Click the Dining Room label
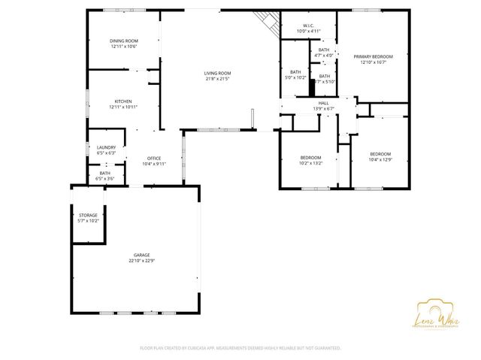point(124,41)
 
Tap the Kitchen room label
point(123,101)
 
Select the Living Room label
point(216,73)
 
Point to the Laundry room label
point(106,147)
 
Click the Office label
point(154,158)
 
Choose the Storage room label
point(88,215)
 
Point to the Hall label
point(323,103)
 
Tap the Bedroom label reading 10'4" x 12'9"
point(380,154)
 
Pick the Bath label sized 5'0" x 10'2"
point(295,71)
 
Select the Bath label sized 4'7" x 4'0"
point(323,50)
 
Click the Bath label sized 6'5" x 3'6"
point(105,173)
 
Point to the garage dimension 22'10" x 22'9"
point(141,261)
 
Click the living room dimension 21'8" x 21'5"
point(216,78)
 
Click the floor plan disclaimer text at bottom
point(240,348)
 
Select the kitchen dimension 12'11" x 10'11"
point(123,106)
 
